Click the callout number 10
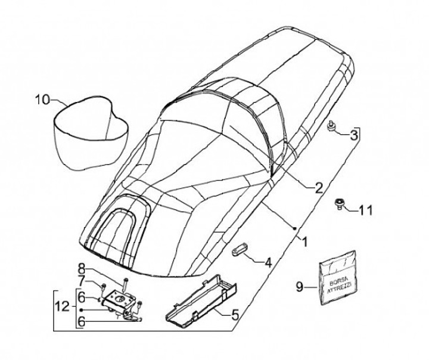click(42, 100)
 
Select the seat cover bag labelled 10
click(91, 133)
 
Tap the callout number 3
click(354, 135)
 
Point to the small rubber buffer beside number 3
click(331, 126)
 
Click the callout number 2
click(318, 188)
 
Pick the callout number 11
click(365, 211)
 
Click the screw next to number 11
click(338, 204)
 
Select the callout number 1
click(305, 242)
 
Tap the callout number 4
click(268, 263)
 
